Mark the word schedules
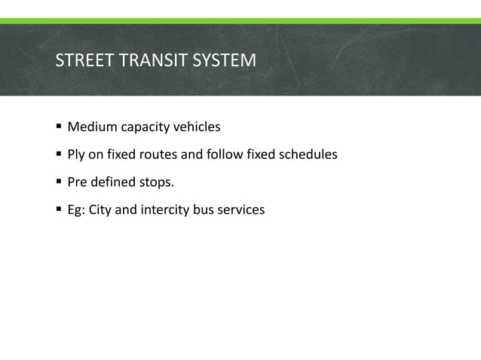309,155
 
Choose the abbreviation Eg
76,210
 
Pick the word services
241,210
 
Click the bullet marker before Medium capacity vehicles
59,127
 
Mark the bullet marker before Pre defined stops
59,182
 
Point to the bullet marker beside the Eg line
59,209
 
